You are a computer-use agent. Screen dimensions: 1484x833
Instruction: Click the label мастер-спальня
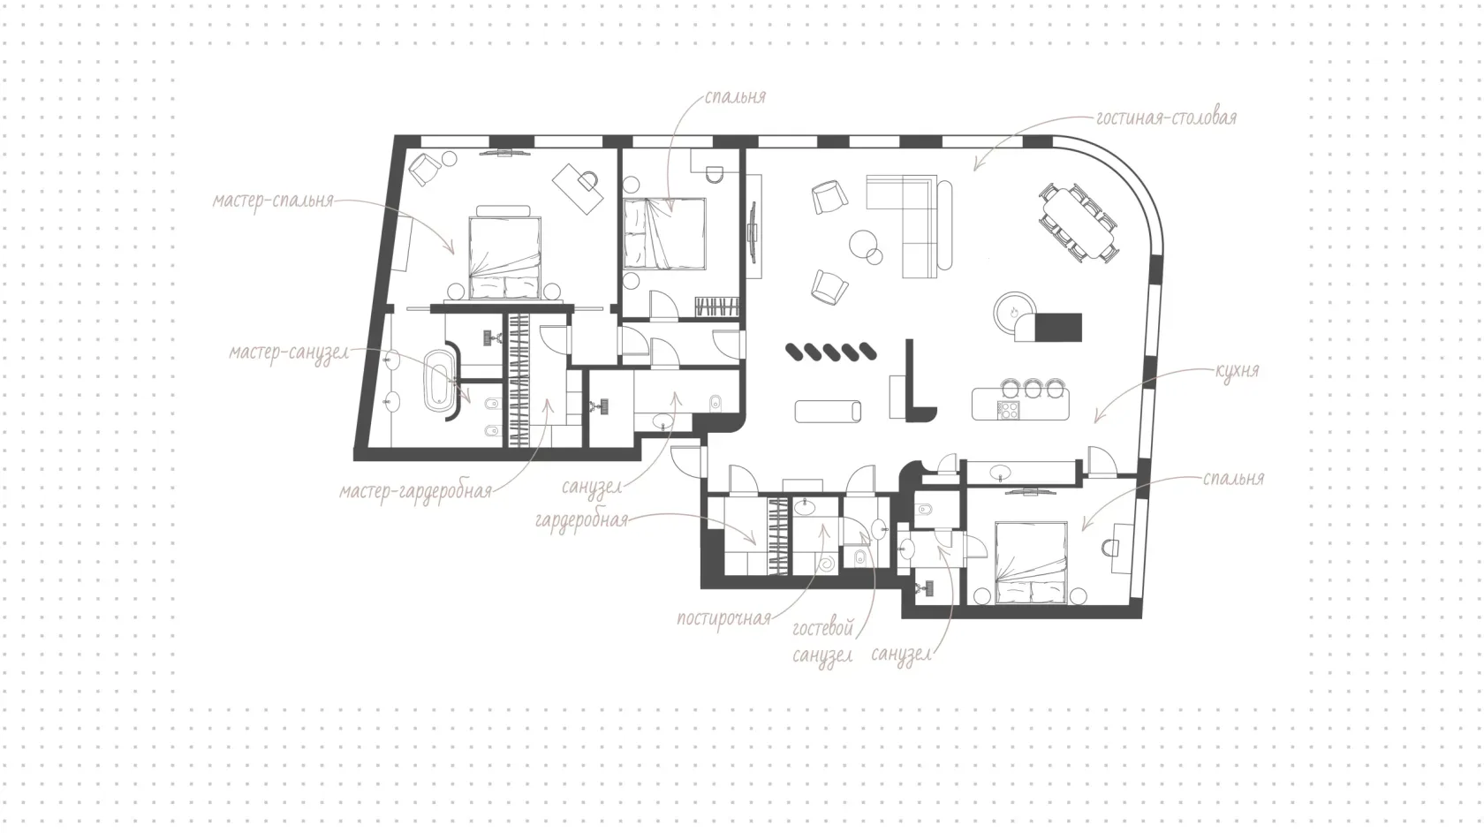273,201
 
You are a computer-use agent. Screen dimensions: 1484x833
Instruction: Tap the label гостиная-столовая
1166,118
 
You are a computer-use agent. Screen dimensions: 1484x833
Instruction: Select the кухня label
1237,370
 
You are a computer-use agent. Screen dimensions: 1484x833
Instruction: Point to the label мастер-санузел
289,352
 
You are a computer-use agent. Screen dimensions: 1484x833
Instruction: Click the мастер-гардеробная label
415,492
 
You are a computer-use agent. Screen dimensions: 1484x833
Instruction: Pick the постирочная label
724,619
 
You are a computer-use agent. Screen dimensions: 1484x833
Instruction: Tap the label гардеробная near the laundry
581,520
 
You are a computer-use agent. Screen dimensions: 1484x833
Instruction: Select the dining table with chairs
1078,223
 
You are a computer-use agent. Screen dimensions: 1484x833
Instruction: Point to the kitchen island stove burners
1009,410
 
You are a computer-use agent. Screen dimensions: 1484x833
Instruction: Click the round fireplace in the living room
1014,313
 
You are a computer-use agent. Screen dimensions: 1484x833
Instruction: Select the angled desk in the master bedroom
579,188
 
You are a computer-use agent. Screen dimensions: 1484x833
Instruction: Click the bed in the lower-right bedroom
1031,564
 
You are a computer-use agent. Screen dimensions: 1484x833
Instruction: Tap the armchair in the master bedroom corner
425,169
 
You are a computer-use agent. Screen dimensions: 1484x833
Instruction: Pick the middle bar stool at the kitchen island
1032,388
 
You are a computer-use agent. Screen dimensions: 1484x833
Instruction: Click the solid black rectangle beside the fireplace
1058,328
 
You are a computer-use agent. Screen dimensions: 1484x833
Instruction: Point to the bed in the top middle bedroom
664,233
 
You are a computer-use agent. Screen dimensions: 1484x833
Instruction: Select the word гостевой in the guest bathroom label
823,627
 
